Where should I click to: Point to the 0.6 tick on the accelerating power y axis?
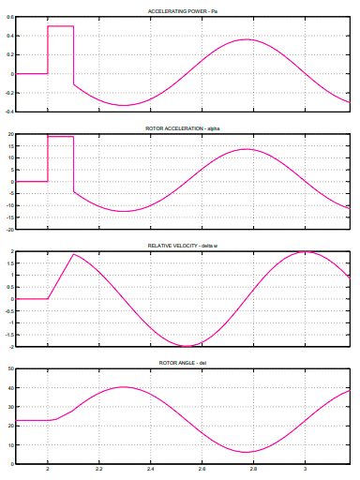[10, 17]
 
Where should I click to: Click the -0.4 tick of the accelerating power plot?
[9, 112]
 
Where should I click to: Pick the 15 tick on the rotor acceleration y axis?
[11, 146]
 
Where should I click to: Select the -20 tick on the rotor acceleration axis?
[9, 229]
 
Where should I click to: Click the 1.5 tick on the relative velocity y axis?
[11, 263]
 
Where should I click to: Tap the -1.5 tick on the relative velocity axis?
[9, 335]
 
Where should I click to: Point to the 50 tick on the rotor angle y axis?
[11, 369]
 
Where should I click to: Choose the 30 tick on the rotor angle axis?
[11, 407]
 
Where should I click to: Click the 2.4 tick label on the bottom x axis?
[150, 472]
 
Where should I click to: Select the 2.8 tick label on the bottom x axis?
[253, 472]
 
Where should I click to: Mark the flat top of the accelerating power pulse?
[60, 26]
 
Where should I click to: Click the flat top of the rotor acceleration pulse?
[60, 137]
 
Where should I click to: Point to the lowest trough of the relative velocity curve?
[187, 346]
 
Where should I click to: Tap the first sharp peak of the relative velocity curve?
[74, 254]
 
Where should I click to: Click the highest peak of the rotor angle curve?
[124, 387]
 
